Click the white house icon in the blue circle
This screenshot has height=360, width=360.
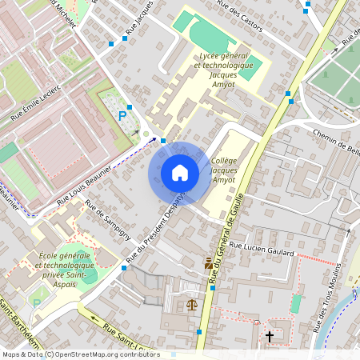(x=180, y=173)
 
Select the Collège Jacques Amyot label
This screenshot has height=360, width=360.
(x=222, y=170)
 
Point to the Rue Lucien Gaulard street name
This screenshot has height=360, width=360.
(x=262, y=251)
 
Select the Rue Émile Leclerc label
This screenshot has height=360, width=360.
(x=35, y=102)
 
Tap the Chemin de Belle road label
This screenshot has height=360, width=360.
(x=337, y=142)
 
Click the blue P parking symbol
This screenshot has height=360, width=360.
(x=122, y=117)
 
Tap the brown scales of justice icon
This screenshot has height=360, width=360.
(x=191, y=304)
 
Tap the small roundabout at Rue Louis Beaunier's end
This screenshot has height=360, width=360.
(x=146, y=134)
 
